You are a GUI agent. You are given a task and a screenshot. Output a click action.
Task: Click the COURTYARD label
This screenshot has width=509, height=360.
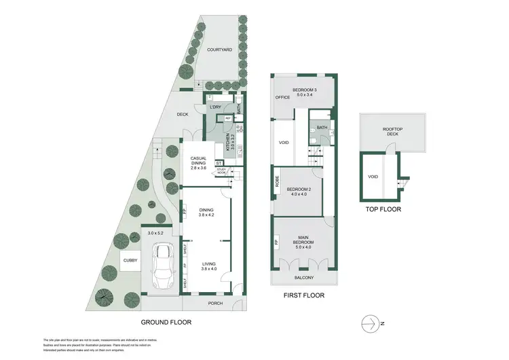click(x=219, y=50)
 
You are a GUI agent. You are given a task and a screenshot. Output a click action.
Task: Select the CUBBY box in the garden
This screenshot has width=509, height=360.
click(x=130, y=260)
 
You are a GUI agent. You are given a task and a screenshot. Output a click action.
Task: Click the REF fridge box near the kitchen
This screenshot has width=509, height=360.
click(x=229, y=118)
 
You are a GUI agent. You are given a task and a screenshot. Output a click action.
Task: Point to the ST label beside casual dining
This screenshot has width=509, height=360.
click(x=219, y=163)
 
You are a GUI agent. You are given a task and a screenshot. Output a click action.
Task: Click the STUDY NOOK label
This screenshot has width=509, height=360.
click(x=222, y=172)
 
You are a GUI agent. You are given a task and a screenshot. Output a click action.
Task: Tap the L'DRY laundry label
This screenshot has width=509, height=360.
click(x=216, y=107)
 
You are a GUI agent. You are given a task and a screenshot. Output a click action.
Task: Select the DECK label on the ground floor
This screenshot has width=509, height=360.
click(x=183, y=114)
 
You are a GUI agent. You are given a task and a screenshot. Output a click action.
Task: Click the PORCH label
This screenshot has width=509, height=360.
click(x=215, y=303)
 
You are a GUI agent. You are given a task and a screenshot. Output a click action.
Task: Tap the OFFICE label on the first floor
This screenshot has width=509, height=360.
click(x=282, y=98)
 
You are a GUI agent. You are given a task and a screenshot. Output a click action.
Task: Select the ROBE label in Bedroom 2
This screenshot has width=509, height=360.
click(x=277, y=182)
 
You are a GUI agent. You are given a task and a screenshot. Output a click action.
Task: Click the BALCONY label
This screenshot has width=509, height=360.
click(x=303, y=278)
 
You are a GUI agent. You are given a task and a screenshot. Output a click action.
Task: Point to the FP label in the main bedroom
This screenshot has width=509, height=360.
click(x=276, y=242)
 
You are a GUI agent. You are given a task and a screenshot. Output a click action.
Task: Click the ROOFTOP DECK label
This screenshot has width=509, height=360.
click(x=393, y=134)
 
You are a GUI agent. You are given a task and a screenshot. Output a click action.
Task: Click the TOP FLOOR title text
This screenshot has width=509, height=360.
click(x=383, y=210)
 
